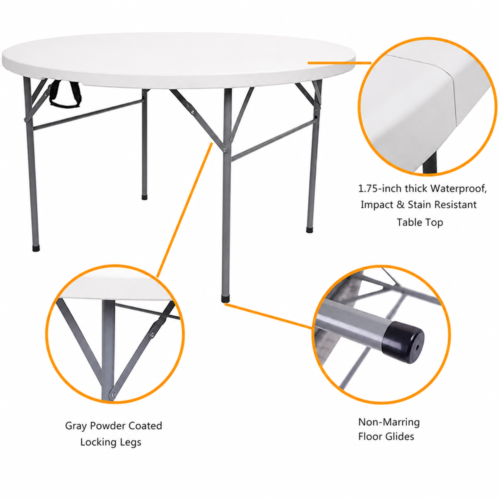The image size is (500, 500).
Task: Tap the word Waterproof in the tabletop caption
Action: (x=458, y=188)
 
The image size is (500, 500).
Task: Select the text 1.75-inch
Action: (x=379, y=188)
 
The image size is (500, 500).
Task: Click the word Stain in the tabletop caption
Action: (x=420, y=204)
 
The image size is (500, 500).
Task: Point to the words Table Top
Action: (x=419, y=222)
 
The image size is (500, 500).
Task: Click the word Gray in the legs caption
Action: (x=76, y=426)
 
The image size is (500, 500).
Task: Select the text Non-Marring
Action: (x=388, y=422)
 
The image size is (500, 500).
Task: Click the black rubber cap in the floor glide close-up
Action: (x=403, y=342)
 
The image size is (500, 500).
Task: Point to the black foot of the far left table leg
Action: (x=36, y=248)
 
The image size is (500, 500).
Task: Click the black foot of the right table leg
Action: (x=309, y=229)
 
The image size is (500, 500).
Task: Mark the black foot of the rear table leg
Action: (x=144, y=197)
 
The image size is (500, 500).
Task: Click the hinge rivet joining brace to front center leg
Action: (x=225, y=149)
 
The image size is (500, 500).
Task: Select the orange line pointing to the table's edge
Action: (x=339, y=63)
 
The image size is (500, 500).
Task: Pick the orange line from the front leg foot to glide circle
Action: (x=269, y=315)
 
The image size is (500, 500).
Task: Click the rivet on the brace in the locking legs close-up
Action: (x=152, y=334)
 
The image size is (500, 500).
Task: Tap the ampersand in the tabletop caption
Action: (x=400, y=204)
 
